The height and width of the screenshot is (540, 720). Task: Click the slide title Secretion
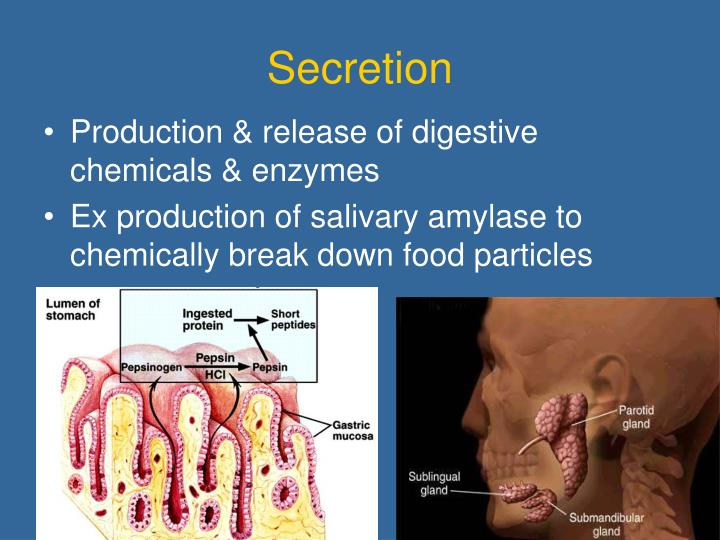pos(359,69)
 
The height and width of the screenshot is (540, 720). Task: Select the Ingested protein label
pos(207,320)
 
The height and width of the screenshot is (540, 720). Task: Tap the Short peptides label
pos(292,320)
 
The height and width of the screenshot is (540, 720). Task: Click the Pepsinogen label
pos(152,368)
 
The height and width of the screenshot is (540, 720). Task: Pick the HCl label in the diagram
pos(216,373)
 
